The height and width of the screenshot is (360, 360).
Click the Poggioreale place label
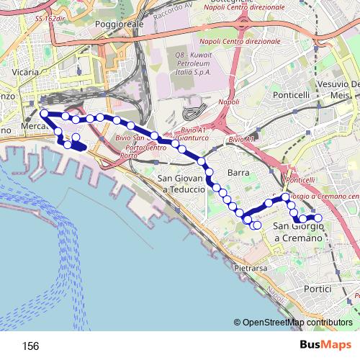(x=120, y=24)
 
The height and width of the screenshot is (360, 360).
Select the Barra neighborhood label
(x=238, y=173)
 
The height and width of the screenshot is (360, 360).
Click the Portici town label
(x=318, y=289)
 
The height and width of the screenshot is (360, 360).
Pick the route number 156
(x=30, y=346)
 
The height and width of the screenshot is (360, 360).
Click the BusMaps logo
(x=323, y=346)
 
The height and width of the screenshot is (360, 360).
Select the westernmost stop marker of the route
(x=44, y=113)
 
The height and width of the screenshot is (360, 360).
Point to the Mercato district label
(x=35, y=127)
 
